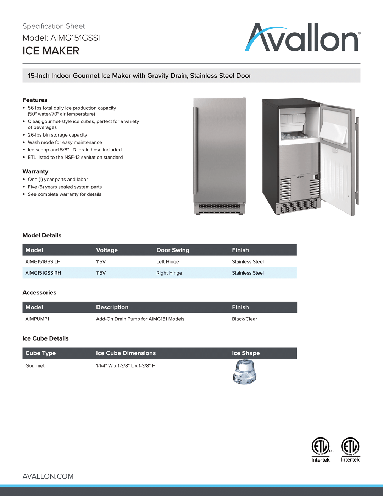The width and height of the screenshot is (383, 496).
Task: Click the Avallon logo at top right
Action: tap(302, 38)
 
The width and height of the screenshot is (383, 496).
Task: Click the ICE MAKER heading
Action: tap(51, 51)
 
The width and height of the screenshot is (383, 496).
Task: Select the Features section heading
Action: tap(35, 100)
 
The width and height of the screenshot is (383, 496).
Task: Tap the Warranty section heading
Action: tap(35, 171)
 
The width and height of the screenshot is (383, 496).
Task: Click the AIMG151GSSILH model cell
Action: tap(43, 261)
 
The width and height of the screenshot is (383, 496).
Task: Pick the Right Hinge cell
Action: tap(169, 273)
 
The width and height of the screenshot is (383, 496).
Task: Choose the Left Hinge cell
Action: tap(168, 261)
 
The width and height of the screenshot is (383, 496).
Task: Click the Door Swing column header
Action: tap(173, 250)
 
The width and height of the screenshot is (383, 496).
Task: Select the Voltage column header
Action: tap(107, 250)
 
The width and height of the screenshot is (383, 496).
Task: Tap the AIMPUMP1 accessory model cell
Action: tap(37, 319)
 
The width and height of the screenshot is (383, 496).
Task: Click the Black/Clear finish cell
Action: tap(244, 319)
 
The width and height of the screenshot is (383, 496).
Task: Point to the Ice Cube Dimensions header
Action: tap(126, 353)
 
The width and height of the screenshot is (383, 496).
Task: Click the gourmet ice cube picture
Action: tap(244, 372)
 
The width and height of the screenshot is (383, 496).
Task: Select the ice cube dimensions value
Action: tap(126, 365)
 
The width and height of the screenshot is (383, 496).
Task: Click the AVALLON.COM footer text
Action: tap(48, 476)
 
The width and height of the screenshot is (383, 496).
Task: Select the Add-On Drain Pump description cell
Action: tap(140, 319)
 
